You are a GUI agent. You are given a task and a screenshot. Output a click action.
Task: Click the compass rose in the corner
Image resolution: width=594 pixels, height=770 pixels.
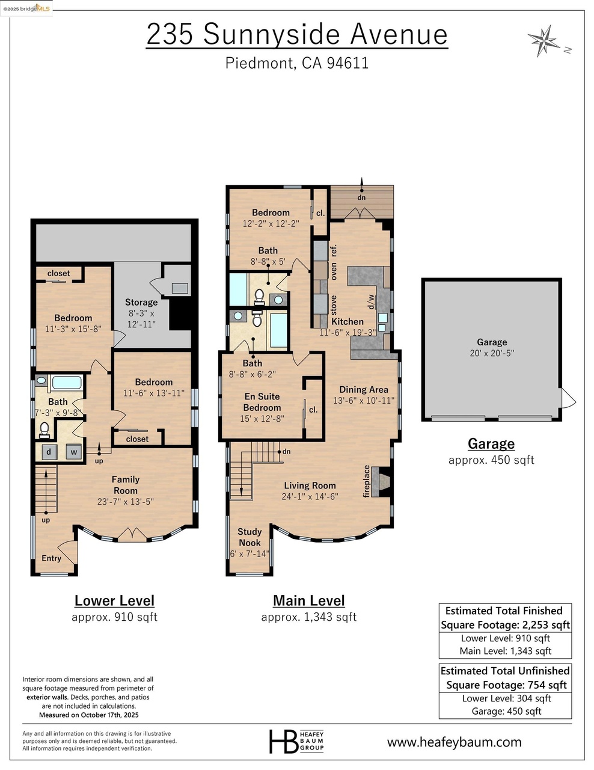(x=543, y=40)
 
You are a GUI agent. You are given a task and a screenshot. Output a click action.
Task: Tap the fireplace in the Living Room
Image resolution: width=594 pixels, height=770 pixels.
(x=384, y=482)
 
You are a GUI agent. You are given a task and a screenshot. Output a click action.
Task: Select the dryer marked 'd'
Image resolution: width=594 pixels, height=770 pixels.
(x=49, y=452)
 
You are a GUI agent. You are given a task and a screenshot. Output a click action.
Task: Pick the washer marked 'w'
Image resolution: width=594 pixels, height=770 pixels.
(x=73, y=452)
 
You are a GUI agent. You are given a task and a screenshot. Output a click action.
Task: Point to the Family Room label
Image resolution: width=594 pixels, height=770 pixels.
(x=125, y=485)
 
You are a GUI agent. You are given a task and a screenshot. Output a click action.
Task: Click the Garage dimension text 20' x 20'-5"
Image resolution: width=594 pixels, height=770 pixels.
(x=492, y=353)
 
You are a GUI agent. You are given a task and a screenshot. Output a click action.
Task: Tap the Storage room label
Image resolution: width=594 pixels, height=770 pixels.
(x=141, y=302)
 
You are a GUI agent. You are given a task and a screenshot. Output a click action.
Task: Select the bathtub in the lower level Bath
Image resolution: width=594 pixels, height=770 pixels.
(x=67, y=383)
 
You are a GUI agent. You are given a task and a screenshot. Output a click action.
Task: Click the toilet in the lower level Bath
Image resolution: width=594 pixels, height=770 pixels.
(x=44, y=429)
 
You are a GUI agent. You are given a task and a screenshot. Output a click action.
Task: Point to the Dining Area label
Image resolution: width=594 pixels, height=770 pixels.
(x=364, y=389)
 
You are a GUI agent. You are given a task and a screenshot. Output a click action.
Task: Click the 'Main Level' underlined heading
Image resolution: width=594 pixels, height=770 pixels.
(x=308, y=600)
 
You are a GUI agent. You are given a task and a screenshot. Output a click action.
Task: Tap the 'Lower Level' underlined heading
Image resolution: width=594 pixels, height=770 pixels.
(x=114, y=600)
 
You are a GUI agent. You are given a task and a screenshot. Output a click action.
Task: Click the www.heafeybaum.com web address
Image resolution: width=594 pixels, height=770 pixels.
(x=454, y=742)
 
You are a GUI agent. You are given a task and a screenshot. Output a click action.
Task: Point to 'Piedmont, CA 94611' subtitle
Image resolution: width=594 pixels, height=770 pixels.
(x=297, y=63)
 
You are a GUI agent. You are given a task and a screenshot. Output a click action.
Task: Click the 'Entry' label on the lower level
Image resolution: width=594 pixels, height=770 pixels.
(x=51, y=558)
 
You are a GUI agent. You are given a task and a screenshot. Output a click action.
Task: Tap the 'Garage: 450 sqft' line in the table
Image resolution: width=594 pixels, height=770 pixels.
(x=506, y=711)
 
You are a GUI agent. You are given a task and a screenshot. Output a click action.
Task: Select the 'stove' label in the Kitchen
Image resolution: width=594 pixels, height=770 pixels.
(x=334, y=304)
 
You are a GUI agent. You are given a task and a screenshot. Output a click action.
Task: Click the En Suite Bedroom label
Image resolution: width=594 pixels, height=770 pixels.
(x=262, y=402)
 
